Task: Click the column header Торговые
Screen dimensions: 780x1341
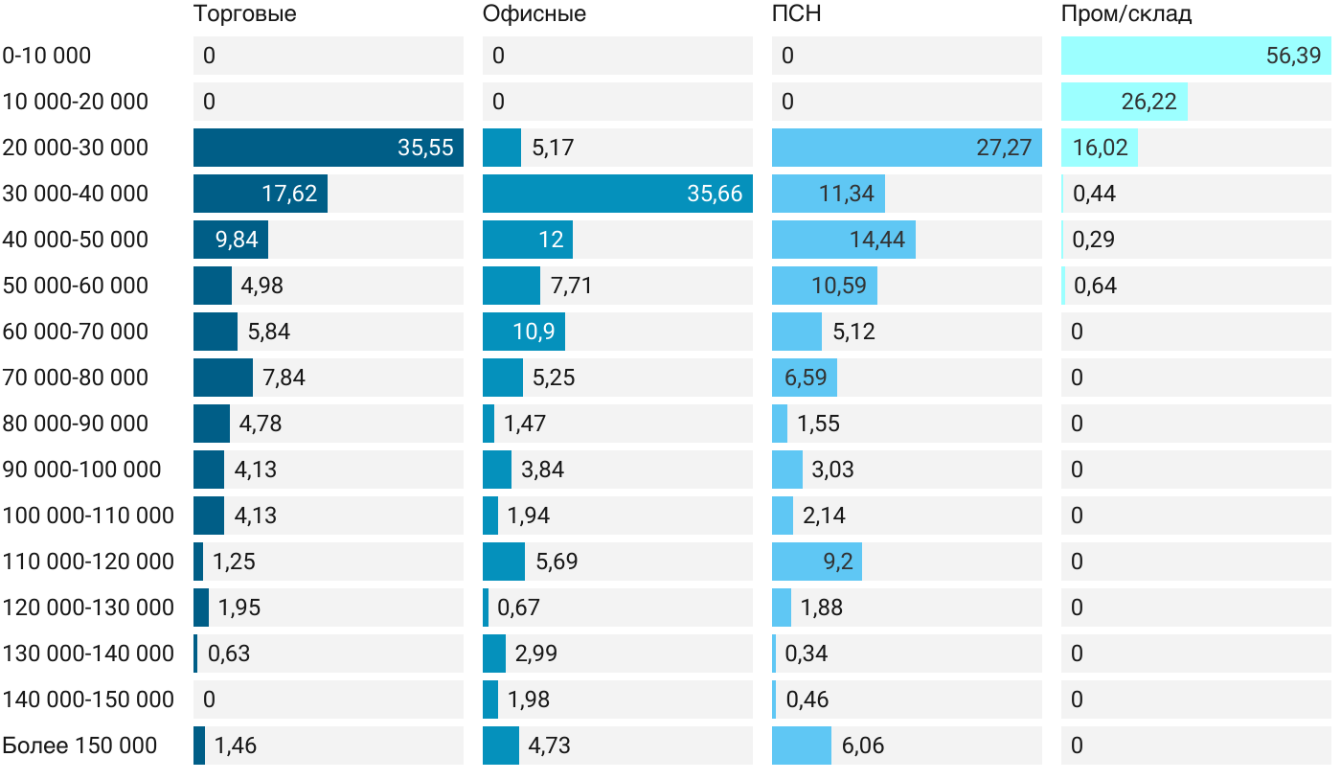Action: tap(245, 14)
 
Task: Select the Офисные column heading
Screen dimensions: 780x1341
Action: tap(534, 14)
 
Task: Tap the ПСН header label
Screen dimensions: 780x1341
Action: tap(797, 14)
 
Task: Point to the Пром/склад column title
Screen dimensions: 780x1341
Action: tap(1126, 14)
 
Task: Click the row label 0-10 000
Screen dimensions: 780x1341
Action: tap(47, 56)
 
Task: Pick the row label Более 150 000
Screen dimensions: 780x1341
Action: tap(80, 746)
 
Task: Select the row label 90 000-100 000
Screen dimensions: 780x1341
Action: tap(81, 470)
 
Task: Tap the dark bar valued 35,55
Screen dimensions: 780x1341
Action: tap(328, 148)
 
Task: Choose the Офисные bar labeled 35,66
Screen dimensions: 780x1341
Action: tap(617, 194)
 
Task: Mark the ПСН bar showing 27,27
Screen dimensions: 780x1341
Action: tap(906, 148)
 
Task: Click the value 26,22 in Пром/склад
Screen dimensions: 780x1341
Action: tap(1148, 102)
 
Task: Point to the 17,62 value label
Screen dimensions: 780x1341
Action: tap(289, 194)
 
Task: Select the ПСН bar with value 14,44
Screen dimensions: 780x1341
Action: tap(843, 240)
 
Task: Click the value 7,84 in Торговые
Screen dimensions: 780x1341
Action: tap(284, 378)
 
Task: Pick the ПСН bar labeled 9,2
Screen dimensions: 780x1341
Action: tap(816, 562)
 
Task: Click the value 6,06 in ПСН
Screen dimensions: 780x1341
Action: tap(863, 746)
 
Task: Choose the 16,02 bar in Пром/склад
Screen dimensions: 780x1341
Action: tap(1099, 148)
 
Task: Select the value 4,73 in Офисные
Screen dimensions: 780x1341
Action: tap(549, 746)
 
